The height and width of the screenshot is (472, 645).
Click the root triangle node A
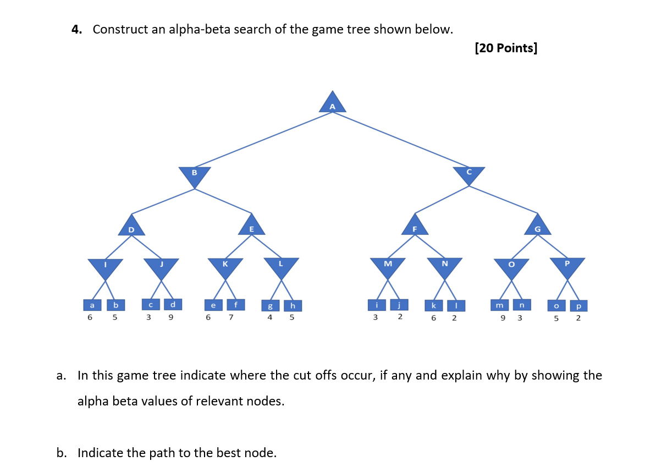[332, 103]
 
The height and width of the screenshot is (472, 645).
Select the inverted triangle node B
[195, 175]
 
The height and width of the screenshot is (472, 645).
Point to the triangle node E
[252, 226]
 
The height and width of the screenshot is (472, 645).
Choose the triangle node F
[415, 226]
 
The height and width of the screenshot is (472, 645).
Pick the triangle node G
[538, 226]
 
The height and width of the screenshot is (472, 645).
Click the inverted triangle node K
[225, 267]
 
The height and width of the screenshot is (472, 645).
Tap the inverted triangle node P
[567, 267]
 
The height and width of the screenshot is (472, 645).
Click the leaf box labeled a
[92, 304]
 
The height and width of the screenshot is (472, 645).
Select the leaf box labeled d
[173, 304]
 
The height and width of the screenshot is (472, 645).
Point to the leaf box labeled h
[293, 305]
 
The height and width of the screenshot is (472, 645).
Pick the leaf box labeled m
[499, 304]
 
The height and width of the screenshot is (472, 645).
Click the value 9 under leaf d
[170, 317]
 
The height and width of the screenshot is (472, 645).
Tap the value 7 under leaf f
[231, 317]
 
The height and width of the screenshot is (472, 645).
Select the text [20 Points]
[505, 48]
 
